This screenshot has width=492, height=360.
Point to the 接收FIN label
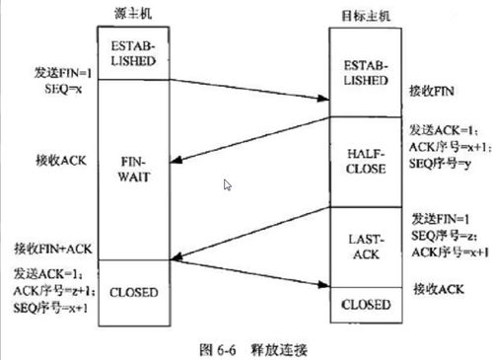[429, 91]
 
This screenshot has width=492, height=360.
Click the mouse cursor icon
[228, 184]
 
